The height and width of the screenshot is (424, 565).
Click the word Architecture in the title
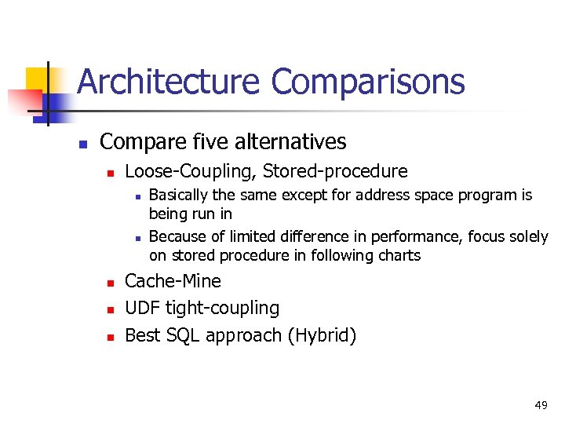[x=169, y=82]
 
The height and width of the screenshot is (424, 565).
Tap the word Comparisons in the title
[x=368, y=82]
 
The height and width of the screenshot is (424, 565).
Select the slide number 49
[x=541, y=405]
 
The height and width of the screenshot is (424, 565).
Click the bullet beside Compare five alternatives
[x=82, y=144]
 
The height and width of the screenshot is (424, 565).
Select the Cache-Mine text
[x=173, y=281]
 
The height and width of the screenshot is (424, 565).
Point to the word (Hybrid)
[x=322, y=335]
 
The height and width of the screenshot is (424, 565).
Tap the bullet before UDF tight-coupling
[x=111, y=309]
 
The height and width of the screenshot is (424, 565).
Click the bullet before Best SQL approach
[x=111, y=337]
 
